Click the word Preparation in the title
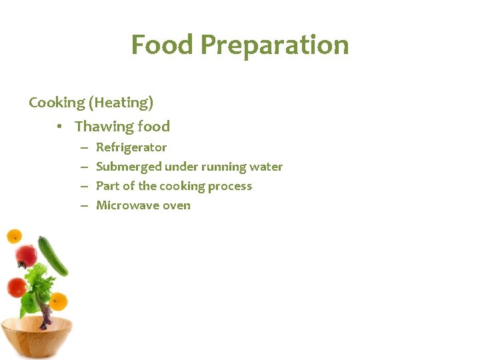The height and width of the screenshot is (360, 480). pyautogui.click(x=274, y=45)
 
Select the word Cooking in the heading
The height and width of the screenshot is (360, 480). pyautogui.click(x=57, y=103)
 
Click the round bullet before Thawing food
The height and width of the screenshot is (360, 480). pyautogui.click(x=60, y=127)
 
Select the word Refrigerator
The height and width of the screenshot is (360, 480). pyautogui.click(x=131, y=147)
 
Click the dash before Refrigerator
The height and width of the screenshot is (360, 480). pyautogui.click(x=85, y=147)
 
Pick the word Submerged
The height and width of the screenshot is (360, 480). pyautogui.click(x=129, y=167)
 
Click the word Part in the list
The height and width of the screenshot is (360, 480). pyautogui.click(x=108, y=186)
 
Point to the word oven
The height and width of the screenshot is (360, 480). pyautogui.click(x=176, y=205)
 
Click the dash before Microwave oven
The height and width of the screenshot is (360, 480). pyautogui.click(x=85, y=205)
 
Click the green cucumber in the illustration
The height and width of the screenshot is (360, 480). pyautogui.click(x=53, y=255)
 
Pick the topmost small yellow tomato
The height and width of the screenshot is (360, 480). pyautogui.click(x=14, y=236)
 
